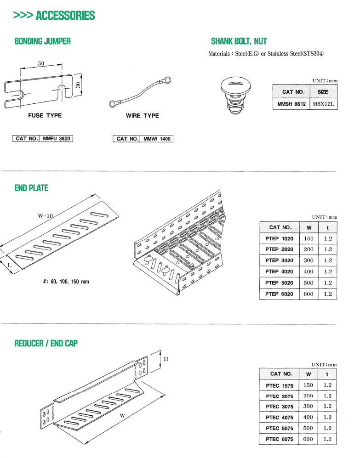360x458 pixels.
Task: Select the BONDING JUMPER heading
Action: (42, 41)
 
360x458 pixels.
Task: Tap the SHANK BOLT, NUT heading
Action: (239, 41)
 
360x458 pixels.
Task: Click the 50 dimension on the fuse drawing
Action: (41, 64)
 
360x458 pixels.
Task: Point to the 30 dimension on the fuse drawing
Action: (78, 85)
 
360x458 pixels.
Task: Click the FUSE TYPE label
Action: (45, 116)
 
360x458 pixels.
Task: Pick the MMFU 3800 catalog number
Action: (57, 138)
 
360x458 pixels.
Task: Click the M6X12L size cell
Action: (324, 104)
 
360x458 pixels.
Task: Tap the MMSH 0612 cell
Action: (291, 104)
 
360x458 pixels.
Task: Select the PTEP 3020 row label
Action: (279, 260)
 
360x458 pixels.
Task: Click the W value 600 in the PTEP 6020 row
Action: (309, 294)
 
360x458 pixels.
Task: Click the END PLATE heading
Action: (31, 188)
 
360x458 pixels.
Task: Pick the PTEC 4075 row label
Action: (279, 418)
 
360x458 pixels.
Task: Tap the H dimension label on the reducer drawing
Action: (166, 359)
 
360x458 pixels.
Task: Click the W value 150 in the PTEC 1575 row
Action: (308, 385)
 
